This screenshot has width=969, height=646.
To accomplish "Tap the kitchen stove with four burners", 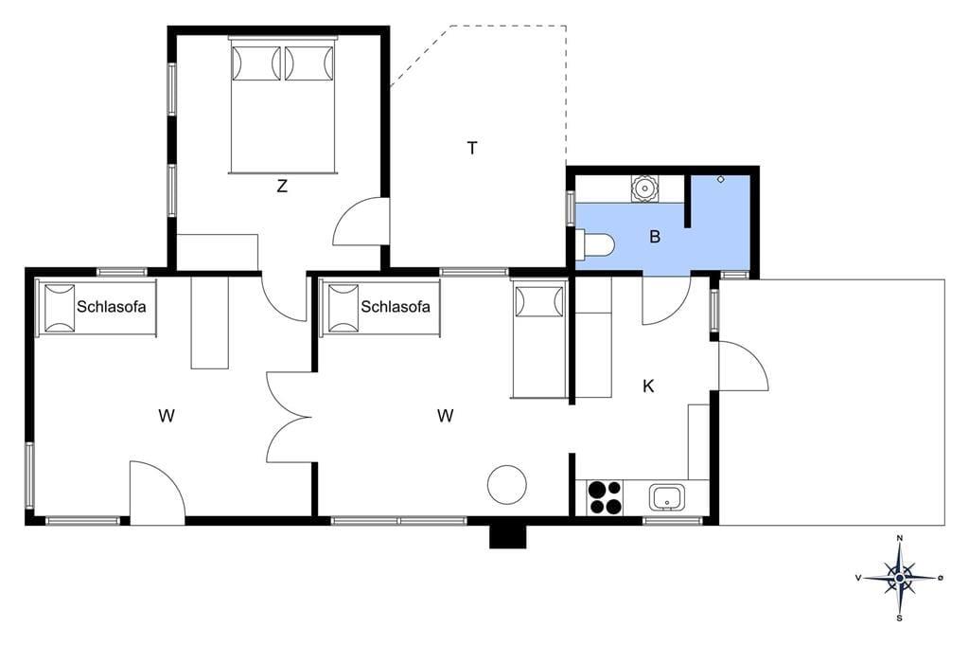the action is pos(605,497).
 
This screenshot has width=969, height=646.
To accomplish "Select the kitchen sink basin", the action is pos(667,497).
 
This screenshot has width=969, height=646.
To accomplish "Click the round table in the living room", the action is pos(507,485).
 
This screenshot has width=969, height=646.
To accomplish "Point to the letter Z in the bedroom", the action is pos(282,186).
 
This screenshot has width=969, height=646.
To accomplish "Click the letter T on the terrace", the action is pos(472,149).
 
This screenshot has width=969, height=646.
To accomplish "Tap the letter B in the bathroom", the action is pos(655,237).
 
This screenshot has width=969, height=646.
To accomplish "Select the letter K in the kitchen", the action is pos(648,386).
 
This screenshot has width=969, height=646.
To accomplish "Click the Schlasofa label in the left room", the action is pos(112,306).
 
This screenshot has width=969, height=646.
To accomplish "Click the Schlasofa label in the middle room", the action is pos(396,306).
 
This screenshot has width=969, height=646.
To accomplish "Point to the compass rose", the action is pos(900,578).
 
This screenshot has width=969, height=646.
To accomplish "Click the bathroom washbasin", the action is pos(644,188).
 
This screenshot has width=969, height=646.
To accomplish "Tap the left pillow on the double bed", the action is pos(255,63).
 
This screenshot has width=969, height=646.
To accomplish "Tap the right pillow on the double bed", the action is pos(309,63).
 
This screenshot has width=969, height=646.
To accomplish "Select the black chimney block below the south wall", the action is pos(508,536).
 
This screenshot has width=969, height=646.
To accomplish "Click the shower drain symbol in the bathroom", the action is pos(720,179).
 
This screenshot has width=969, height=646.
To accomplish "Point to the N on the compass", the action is pos(900,538).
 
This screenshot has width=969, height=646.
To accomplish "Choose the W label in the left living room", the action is pos(167,416).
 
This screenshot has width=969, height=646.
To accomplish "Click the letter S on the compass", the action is pos(900,618).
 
